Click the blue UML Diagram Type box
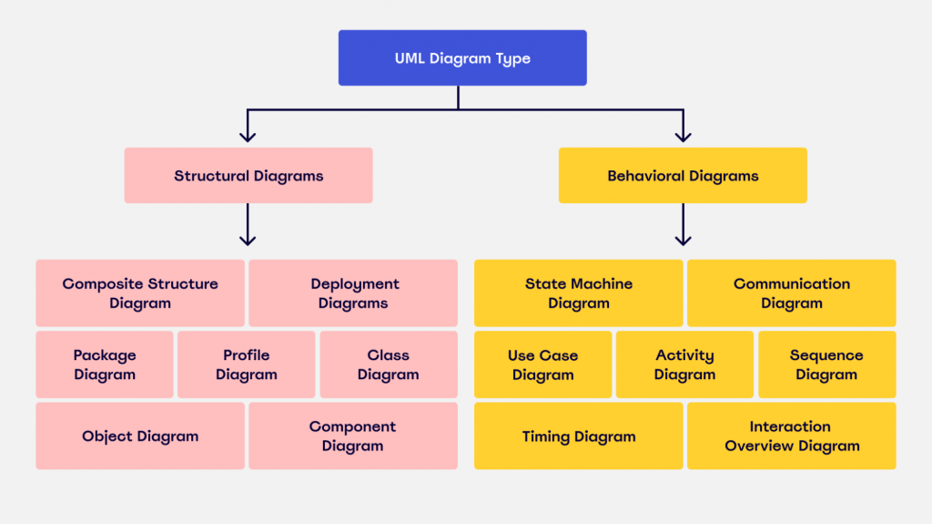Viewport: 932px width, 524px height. (462, 58)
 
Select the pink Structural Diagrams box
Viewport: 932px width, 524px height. (248, 176)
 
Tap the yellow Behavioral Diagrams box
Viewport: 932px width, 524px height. (683, 176)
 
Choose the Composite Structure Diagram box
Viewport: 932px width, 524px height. (140, 293)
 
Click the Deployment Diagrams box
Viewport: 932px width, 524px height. (353, 293)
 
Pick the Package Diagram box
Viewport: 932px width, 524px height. (105, 365)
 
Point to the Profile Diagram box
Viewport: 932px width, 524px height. (247, 365)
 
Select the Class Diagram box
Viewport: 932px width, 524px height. (389, 365)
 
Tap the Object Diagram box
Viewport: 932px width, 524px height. (140, 437)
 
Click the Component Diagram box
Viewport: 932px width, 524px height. (353, 437)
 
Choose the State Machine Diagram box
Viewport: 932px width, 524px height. (579, 293)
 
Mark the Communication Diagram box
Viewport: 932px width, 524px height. (792, 293)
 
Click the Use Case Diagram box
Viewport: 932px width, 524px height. (543, 365)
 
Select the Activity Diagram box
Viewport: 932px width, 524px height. (685, 365)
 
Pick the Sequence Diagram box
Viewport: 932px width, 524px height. (827, 365)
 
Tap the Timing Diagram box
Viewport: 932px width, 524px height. (579, 437)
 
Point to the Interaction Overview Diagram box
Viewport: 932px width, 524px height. (792, 437)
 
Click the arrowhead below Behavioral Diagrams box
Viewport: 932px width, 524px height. (683, 240)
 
